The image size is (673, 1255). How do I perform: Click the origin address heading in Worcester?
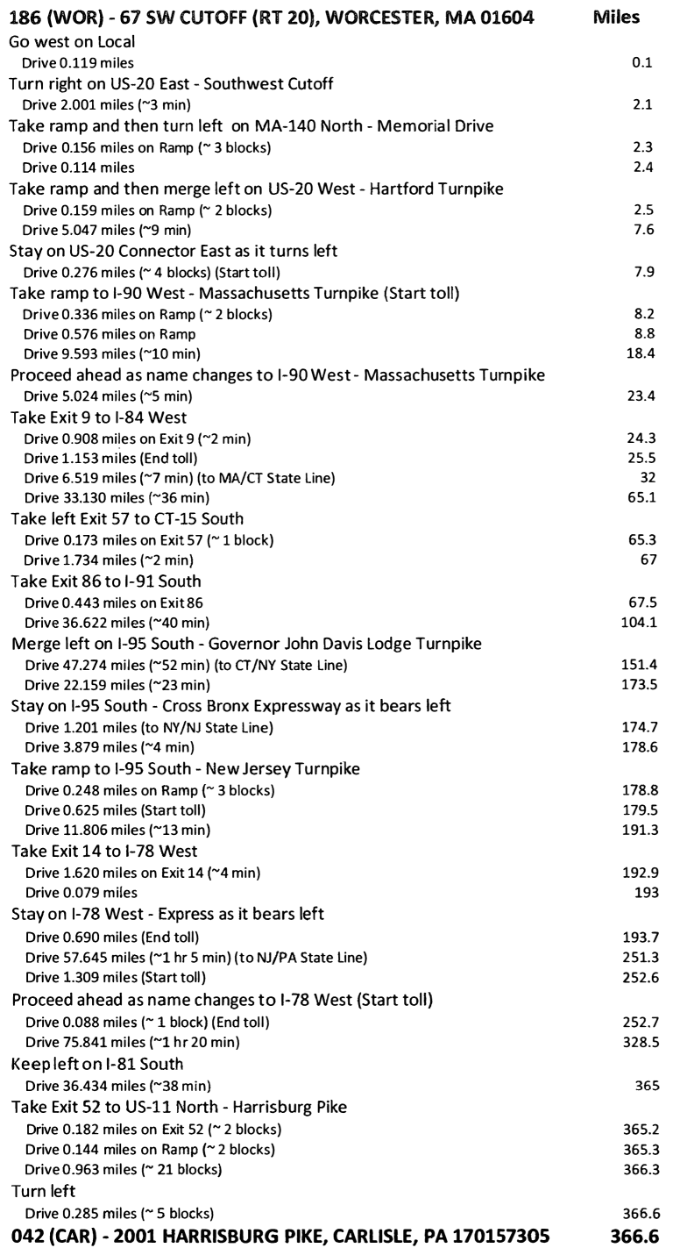point(269,18)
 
